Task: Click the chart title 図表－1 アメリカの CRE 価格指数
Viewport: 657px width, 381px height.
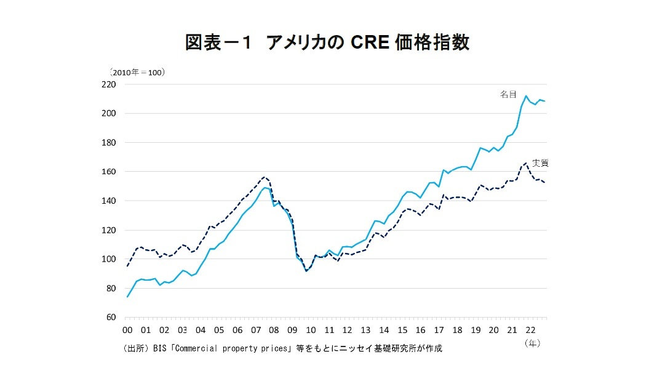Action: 327,42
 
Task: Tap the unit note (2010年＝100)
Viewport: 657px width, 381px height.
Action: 137,72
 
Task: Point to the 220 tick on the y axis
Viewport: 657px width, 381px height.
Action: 109,84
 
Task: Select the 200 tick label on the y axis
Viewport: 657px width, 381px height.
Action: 109,113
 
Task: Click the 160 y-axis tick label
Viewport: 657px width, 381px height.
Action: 109,172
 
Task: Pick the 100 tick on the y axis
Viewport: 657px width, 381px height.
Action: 109,259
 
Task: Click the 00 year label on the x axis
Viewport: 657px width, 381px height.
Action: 127,330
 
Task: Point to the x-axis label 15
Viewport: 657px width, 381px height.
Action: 402,330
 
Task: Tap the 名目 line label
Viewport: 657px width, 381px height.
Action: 508,94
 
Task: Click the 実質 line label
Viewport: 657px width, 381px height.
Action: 540,163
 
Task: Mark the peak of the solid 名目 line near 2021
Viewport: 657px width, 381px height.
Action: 527,95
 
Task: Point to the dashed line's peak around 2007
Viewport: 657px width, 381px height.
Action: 264,177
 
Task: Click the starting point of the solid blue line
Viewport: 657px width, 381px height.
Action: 127,297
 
